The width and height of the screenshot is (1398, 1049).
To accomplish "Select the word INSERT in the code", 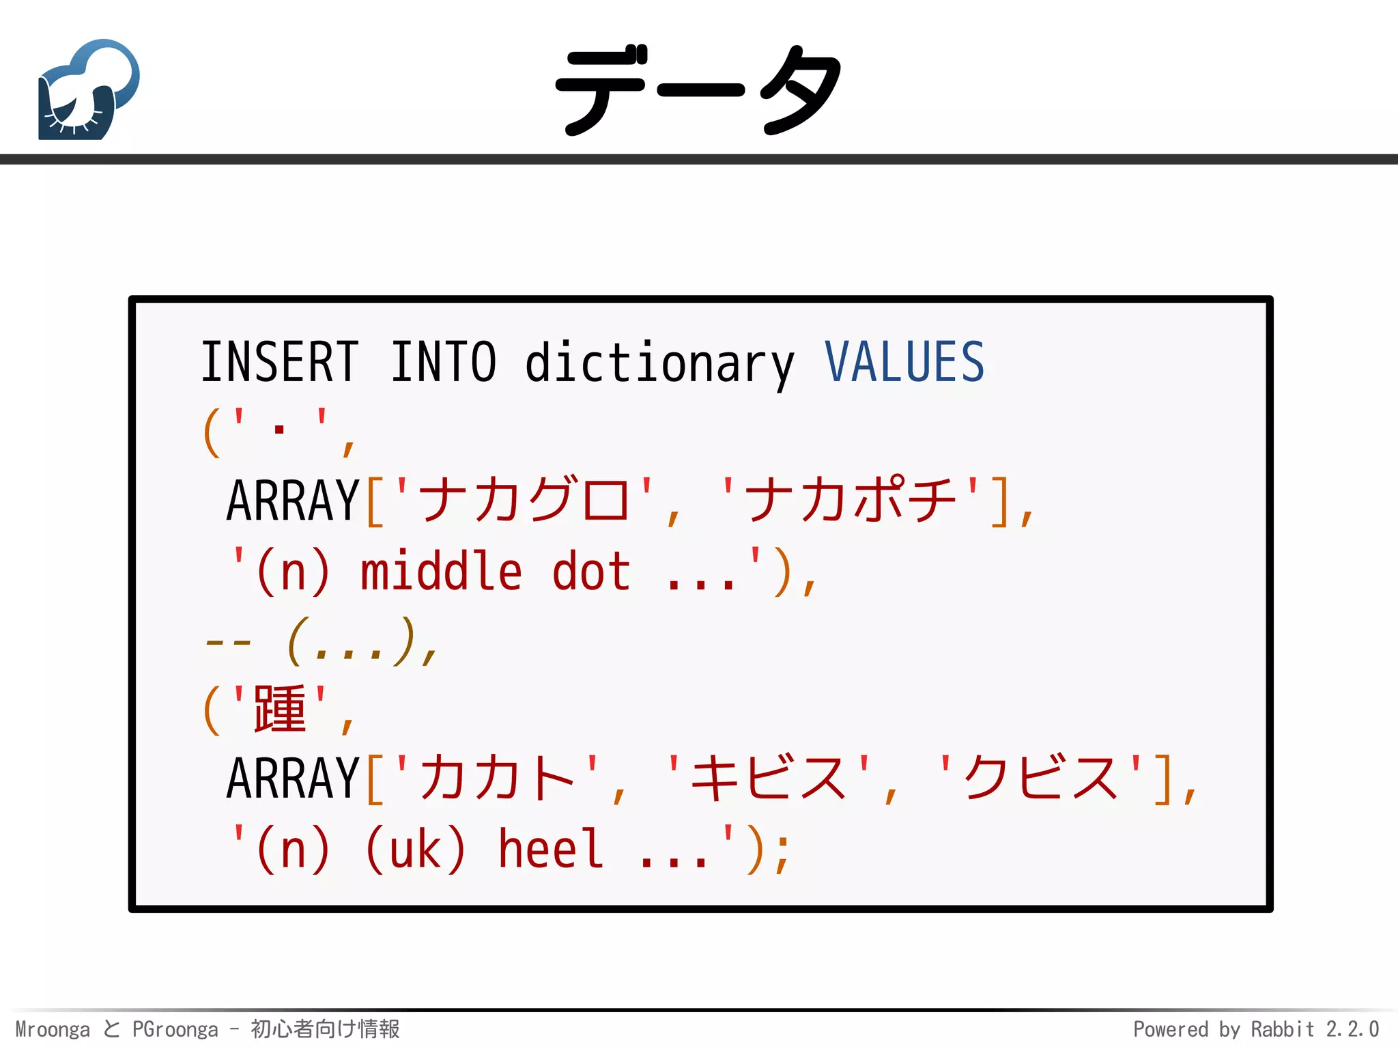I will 280,362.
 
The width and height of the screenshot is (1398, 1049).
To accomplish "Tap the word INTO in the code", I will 443,362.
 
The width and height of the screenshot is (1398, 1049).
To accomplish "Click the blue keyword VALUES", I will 904,362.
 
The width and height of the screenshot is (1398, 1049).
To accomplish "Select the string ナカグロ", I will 523,500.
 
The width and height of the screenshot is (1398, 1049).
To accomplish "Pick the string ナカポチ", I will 850,500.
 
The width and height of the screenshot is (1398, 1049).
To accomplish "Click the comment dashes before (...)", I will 229,642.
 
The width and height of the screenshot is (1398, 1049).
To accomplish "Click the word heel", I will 550,848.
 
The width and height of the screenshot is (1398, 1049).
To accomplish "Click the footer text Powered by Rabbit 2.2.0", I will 1256,1029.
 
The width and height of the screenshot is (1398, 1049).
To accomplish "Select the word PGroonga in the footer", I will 175,1029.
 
